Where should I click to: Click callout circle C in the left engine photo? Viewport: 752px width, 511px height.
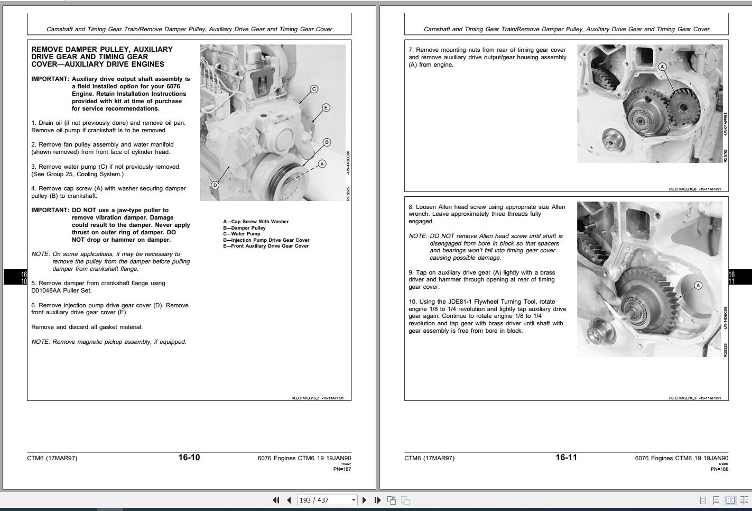pos(314,89)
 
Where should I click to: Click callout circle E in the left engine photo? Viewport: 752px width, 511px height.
pos(326,107)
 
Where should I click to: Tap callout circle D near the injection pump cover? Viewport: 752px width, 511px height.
pos(215,185)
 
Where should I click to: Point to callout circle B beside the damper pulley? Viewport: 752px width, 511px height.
pos(327,142)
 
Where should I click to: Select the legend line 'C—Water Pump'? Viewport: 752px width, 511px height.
pos(242,234)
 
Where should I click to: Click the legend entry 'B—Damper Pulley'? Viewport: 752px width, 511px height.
pos(244,228)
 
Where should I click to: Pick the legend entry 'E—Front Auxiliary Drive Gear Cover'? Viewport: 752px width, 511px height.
pos(266,246)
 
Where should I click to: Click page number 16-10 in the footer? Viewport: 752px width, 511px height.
pos(189,458)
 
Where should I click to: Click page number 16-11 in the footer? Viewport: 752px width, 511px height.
pos(566,458)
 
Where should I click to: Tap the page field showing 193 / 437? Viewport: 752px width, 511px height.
pos(323,500)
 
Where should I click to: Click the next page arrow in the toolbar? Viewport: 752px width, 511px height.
pos(364,500)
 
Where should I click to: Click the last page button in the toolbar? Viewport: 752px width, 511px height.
pos(377,500)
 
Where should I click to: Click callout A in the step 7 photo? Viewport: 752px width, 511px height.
pos(662,67)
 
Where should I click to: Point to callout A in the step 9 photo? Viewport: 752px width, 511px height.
pos(698,286)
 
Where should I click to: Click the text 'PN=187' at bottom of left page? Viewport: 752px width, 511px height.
pos(342,469)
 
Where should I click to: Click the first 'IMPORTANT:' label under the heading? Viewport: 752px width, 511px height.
pos(50,79)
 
